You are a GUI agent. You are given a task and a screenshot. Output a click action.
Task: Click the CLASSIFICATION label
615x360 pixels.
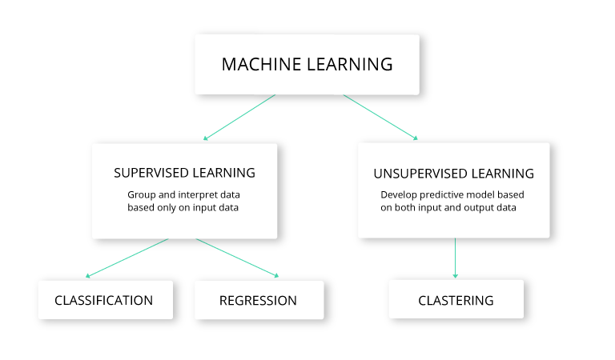pyautogui.click(x=103, y=301)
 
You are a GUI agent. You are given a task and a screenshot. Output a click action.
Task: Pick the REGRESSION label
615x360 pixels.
pyautogui.click(x=258, y=301)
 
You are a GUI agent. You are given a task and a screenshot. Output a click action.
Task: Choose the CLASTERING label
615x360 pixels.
pyautogui.click(x=456, y=301)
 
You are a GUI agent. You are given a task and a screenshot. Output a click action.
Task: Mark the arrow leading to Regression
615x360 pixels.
pyautogui.click(x=237, y=258)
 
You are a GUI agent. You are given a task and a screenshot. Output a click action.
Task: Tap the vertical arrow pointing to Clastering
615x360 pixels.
pyautogui.click(x=455, y=258)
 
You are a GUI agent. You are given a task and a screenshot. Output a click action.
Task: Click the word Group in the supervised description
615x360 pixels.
pyautogui.click(x=141, y=194)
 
